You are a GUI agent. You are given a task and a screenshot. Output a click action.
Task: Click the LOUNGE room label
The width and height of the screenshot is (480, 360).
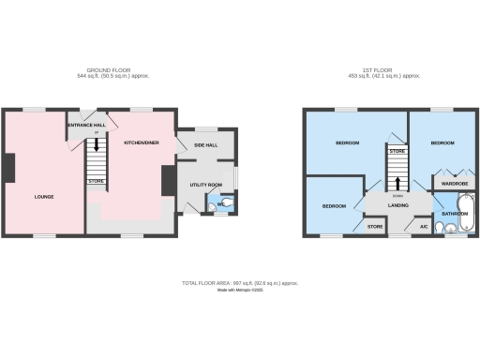coord(44,196)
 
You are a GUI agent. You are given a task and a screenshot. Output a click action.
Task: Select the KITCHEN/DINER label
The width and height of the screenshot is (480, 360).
coord(142,142)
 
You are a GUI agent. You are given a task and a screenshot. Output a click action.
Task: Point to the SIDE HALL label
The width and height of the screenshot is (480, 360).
coord(205,145)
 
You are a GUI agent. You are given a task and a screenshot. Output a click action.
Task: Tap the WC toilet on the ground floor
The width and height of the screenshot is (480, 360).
coord(224,203)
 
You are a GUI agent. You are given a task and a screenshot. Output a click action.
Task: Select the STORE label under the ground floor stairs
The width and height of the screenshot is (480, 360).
coord(95,180)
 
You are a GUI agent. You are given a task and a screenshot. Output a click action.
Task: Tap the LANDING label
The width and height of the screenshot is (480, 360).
coord(397,204)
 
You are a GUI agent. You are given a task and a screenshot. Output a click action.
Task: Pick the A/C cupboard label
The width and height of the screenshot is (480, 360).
coord(424,226)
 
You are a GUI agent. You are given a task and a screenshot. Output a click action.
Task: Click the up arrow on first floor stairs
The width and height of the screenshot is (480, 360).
coord(397,182)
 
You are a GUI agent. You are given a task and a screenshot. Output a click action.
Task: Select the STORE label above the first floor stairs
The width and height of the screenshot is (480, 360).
coord(397,151)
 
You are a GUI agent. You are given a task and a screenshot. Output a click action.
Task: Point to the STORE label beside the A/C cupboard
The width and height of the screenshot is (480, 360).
coord(375,226)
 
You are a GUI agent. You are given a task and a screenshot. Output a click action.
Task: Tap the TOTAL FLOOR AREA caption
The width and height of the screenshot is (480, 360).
coord(240,282)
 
